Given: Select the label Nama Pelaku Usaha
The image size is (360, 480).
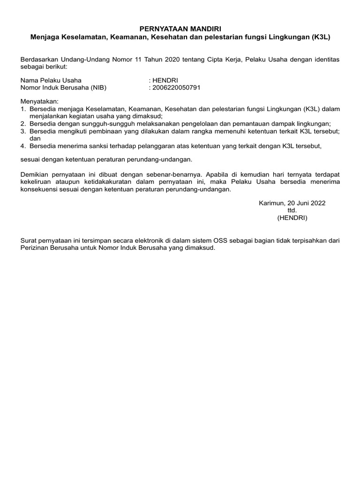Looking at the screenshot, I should (x=51, y=80).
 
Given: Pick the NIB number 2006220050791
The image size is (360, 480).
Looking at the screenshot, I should (x=176, y=87).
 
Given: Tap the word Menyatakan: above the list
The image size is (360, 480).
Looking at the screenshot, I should (x=40, y=101).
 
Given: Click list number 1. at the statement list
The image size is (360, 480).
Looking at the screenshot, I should (x=23, y=109).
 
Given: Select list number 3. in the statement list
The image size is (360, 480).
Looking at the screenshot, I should (x=23, y=131).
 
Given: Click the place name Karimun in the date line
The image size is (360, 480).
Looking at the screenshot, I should (x=271, y=203).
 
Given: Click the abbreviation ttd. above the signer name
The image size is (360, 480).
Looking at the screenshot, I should (x=292, y=210).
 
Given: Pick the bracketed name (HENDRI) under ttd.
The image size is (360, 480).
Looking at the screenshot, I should (x=292, y=218).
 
